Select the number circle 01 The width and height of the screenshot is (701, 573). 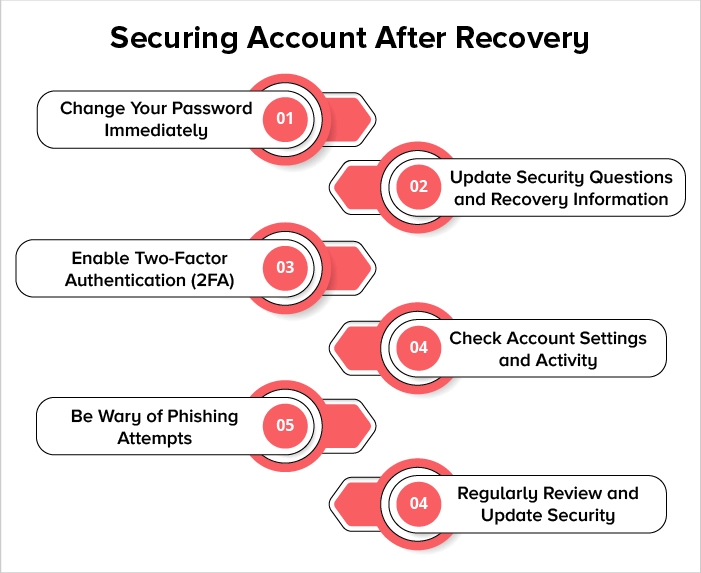(x=285, y=119)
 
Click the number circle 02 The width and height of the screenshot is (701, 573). (x=418, y=186)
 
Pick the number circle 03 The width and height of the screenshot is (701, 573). (x=285, y=267)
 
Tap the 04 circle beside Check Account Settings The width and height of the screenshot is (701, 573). (x=418, y=347)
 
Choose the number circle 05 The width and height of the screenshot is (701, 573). (x=285, y=426)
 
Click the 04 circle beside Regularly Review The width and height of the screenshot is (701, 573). (x=418, y=503)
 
